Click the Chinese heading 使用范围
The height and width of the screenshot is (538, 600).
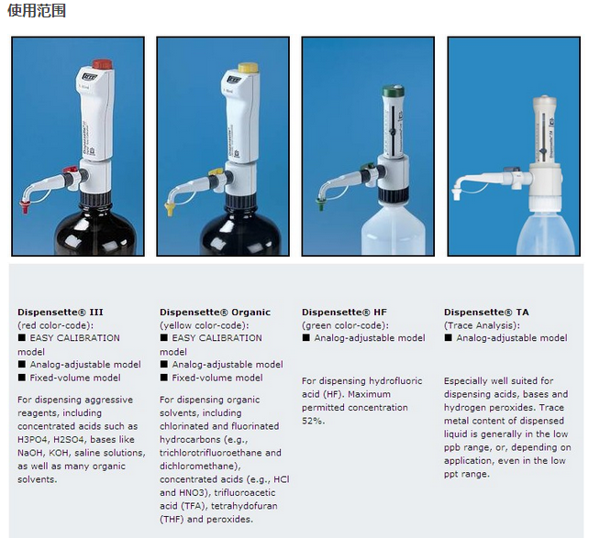[x=37, y=10]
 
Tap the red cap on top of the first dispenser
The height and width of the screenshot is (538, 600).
[x=102, y=64]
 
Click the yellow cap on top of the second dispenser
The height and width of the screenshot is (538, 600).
[x=248, y=68]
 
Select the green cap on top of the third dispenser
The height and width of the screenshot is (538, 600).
[x=394, y=91]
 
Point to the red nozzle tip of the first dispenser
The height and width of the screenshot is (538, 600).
[x=25, y=207]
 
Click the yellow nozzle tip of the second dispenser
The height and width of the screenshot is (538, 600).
[x=170, y=209]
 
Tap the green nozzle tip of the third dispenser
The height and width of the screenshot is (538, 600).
[x=320, y=203]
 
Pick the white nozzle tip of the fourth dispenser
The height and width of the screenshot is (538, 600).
[x=456, y=193]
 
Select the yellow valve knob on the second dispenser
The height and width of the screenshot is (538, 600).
[x=216, y=173]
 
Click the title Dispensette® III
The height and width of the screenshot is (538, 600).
[x=61, y=312]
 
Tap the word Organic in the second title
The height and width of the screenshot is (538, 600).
[x=251, y=313]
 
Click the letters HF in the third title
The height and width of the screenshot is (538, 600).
[x=380, y=312]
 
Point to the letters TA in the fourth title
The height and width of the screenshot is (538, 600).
[x=522, y=312]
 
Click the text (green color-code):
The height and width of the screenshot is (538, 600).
[x=345, y=325]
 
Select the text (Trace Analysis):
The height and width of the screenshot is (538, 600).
[x=483, y=325]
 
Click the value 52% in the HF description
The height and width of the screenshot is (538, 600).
[x=312, y=421]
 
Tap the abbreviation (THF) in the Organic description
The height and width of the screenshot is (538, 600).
[x=172, y=520]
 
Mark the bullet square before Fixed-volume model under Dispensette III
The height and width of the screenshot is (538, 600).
[x=22, y=378]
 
